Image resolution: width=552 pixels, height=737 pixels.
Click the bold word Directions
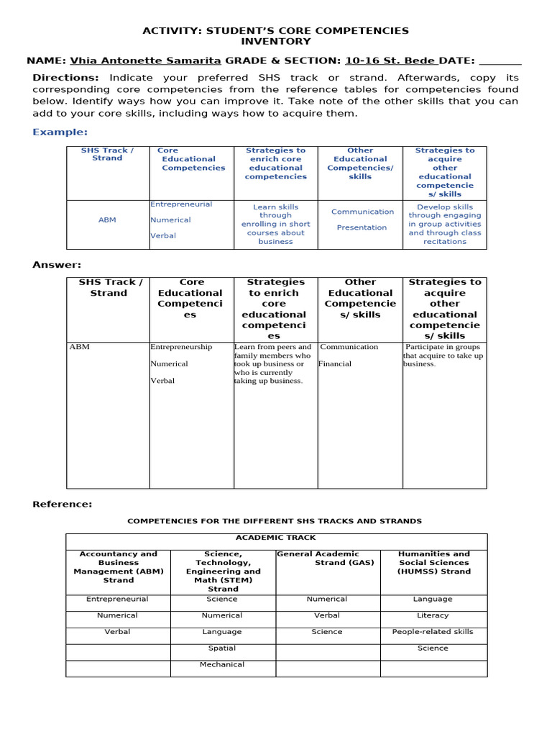coord(65,78)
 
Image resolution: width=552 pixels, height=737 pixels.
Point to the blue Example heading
coord(60,132)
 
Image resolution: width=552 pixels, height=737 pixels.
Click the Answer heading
coord(57,265)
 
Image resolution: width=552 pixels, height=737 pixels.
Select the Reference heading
coord(62,504)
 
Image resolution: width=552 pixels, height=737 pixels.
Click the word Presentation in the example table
coord(362,227)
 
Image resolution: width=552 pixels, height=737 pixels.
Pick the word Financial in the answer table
coord(336,363)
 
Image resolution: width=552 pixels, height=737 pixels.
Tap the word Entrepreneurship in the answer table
coord(181,347)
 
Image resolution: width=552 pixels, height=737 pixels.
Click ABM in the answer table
coord(80,347)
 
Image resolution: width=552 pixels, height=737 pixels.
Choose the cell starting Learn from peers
coord(273,363)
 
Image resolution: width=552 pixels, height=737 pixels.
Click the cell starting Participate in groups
coord(443,355)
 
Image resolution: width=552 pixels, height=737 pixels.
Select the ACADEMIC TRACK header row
coord(276,538)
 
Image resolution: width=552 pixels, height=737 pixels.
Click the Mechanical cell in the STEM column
coord(222,664)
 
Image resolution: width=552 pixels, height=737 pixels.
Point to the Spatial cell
coord(222,648)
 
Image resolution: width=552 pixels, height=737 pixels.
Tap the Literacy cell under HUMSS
coord(433,615)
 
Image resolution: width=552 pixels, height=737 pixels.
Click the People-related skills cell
coord(433,631)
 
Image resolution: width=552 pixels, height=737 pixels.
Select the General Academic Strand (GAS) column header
coord(327,558)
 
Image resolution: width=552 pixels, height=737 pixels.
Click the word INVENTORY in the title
coord(275,42)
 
